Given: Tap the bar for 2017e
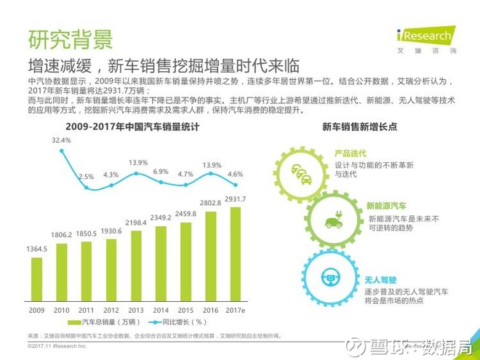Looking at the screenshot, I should click(x=236, y=255).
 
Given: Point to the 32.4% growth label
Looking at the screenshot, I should click(x=61, y=140).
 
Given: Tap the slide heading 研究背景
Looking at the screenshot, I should click(x=70, y=37).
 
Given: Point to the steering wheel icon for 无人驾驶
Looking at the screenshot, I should click(x=329, y=277).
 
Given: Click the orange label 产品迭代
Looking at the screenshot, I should click(x=350, y=154).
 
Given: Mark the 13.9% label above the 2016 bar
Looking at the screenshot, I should click(x=212, y=165).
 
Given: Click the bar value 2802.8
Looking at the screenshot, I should click(x=210, y=203).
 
